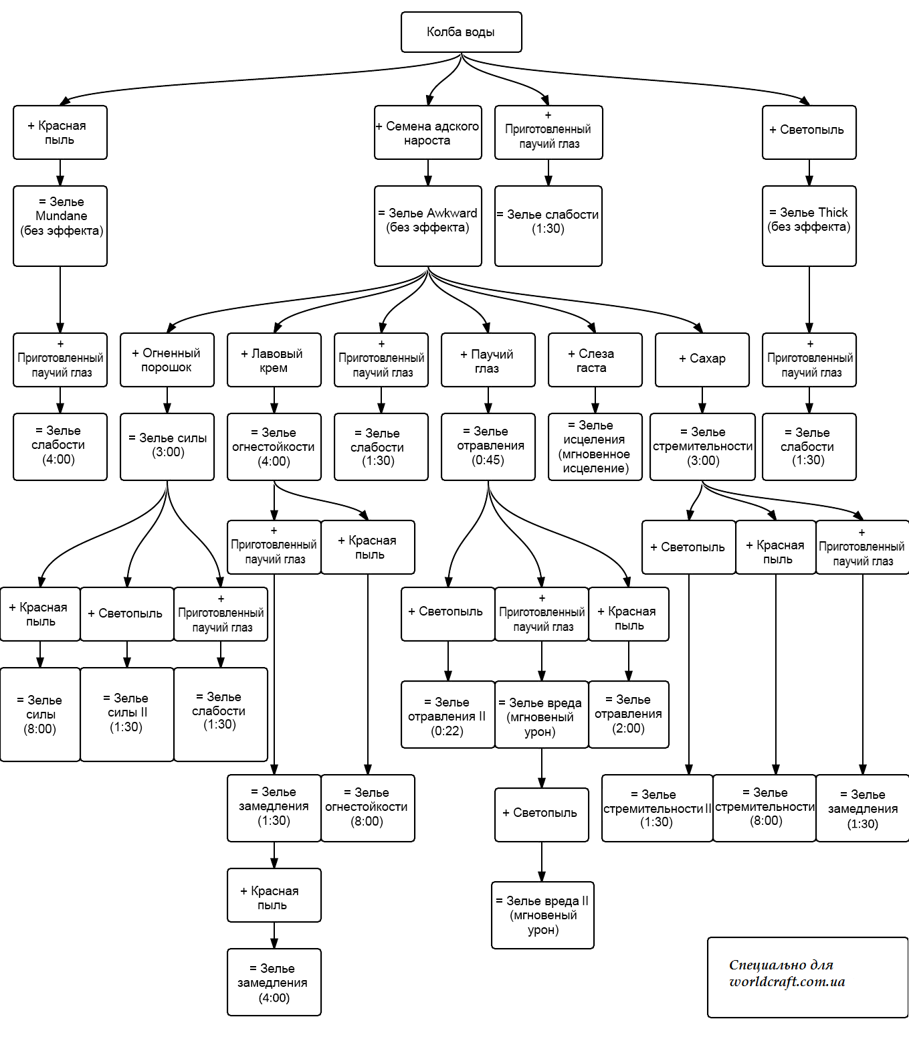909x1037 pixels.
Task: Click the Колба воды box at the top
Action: coord(461,32)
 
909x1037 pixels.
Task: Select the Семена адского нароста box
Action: coord(428,132)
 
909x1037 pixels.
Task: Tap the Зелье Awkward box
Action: coord(428,225)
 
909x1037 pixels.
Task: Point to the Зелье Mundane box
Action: coord(60,225)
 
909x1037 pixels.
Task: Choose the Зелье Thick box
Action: coord(809,225)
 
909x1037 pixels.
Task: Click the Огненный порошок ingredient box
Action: coord(167,360)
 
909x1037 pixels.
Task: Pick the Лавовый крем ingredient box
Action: coord(274,360)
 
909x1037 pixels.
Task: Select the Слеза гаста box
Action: coord(595,360)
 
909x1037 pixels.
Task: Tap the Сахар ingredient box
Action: coord(702,360)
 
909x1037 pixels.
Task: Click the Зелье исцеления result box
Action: coord(595,447)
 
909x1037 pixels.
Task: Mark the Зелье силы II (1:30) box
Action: coord(127,714)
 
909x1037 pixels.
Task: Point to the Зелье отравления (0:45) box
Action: coord(488,446)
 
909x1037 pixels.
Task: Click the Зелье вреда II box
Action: coord(542,915)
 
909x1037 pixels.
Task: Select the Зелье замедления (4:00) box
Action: coord(274,981)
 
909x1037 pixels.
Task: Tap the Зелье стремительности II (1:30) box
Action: coord(657,808)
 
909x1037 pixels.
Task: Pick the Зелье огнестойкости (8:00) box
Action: coord(368,808)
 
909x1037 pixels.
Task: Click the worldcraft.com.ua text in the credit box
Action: coord(787,982)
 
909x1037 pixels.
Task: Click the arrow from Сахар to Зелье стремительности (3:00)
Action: coord(702,400)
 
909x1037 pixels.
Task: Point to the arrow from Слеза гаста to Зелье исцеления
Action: coord(595,400)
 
